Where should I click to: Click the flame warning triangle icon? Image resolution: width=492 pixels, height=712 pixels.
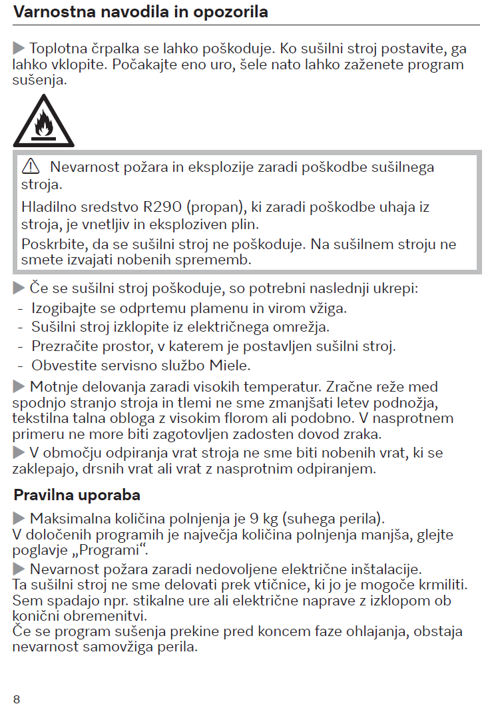click(44, 123)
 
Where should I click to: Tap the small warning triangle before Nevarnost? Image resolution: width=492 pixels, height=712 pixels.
click(31, 167)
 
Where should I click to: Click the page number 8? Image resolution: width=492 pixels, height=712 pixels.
click(17, 699)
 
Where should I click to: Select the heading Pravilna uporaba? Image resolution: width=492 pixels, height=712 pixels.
click(77, 496)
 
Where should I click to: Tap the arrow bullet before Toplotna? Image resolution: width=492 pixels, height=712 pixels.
click(18, 49)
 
